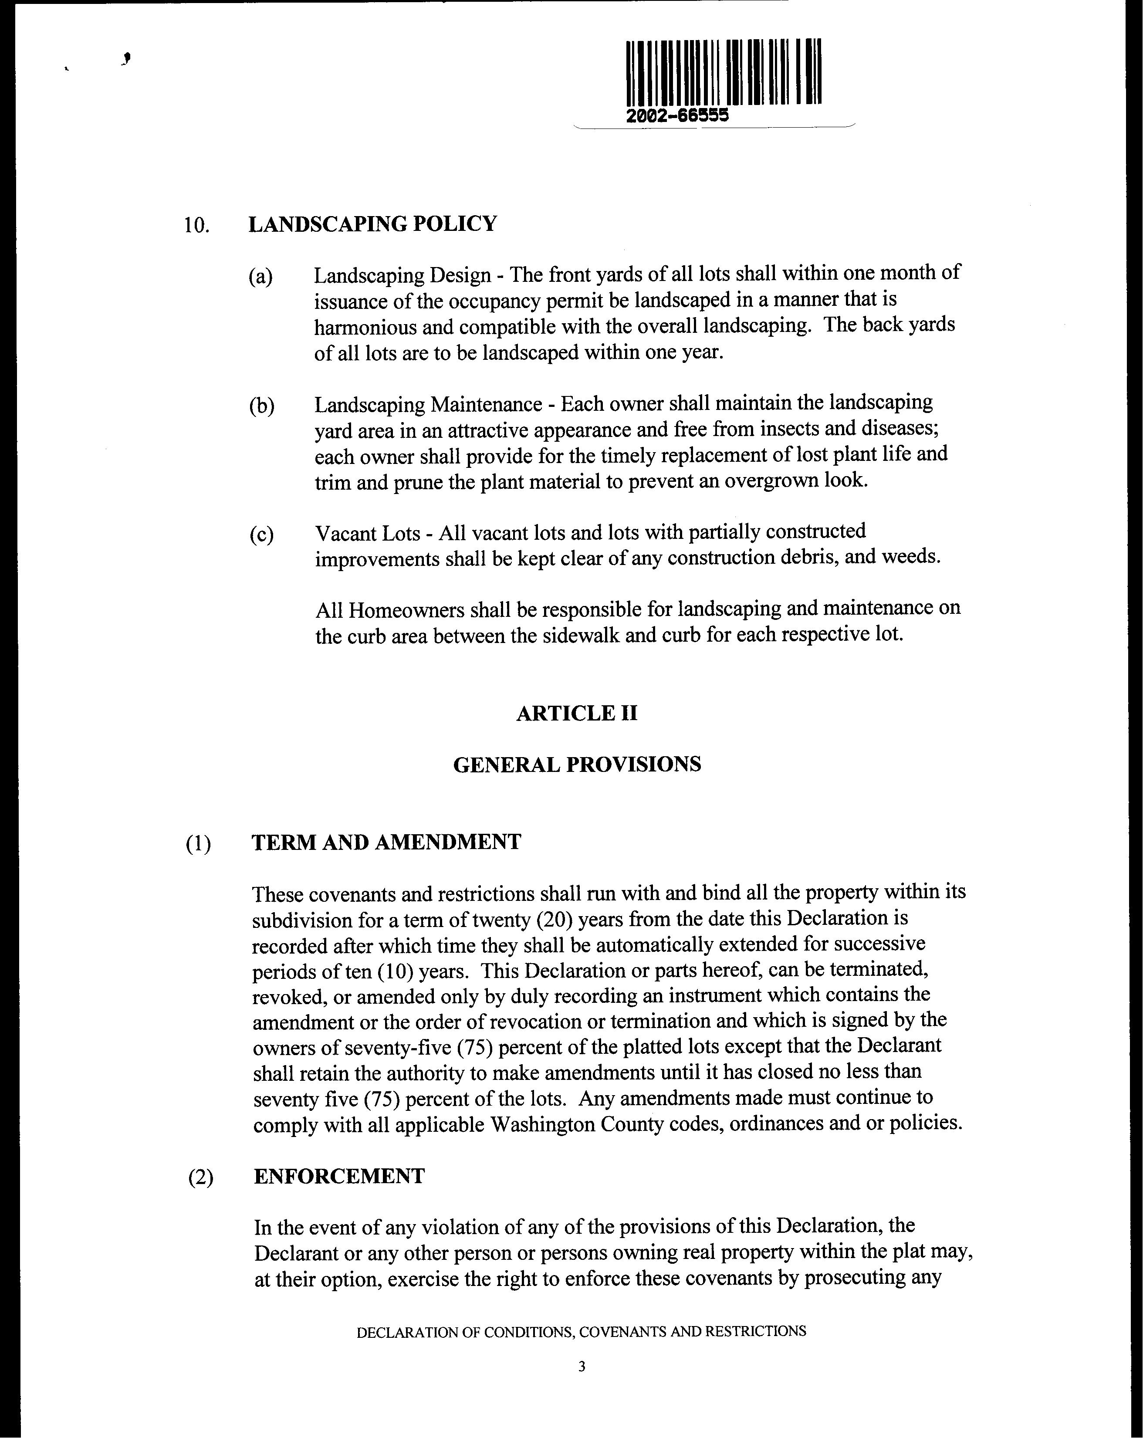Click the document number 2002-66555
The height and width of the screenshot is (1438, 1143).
click(x=677, y=115)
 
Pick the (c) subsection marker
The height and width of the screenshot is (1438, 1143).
click(x=261, y=534)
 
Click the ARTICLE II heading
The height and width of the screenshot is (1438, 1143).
click(x=577, y=714)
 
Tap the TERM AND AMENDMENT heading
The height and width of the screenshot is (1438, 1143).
click(x=386, y=842)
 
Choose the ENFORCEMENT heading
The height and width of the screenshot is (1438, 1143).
click(x=339, y=1176)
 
